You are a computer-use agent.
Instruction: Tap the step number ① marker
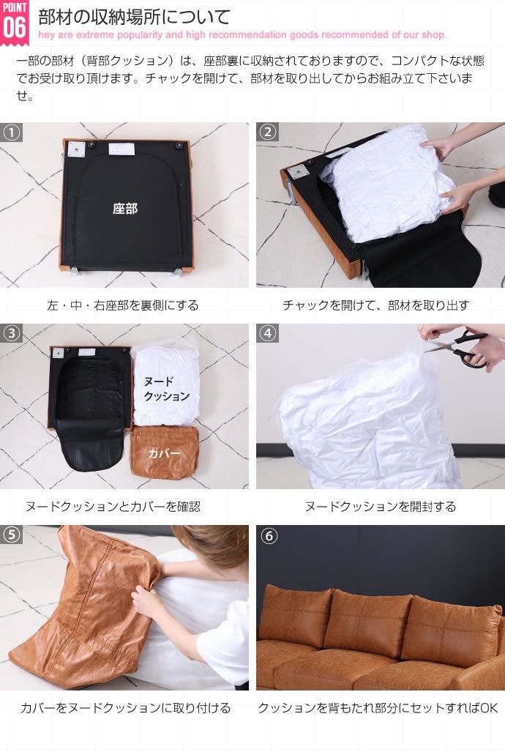pyautogui.click(x=12, y=132)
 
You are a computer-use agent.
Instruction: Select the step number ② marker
pyautogui.click(x=268, y=132)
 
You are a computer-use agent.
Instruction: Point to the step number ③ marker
pyautogui.click(x=12, y=333)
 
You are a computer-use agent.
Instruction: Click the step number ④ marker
pyautogui.click(x=268, y=333)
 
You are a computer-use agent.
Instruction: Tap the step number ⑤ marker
pyautogui.click(x=12, y=535)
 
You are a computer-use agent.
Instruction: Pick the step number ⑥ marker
pyautogui.click(x=268, y=535)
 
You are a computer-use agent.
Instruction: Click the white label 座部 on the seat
pyautogui.click(x=125, y=209)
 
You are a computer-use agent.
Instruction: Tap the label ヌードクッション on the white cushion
pyautogui.click(x=166, y=389)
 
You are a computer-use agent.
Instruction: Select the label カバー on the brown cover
pyautogui.click(x=164, y=453)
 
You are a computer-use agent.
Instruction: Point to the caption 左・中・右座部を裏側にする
pyautogui.click(x=123, y=305)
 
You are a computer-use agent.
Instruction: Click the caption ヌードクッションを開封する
pyautogui.click(x=381, y=507)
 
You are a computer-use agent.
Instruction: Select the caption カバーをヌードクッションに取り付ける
pyautogui.click(x=125, y=708)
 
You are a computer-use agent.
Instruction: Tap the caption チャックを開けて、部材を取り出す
pyautogui.click(x=375, y=305)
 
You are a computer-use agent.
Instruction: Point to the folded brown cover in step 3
pyautogui.click(x=165, y=453)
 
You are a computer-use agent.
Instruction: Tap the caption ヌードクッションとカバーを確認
pyautogui.click(x=113, y=507)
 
